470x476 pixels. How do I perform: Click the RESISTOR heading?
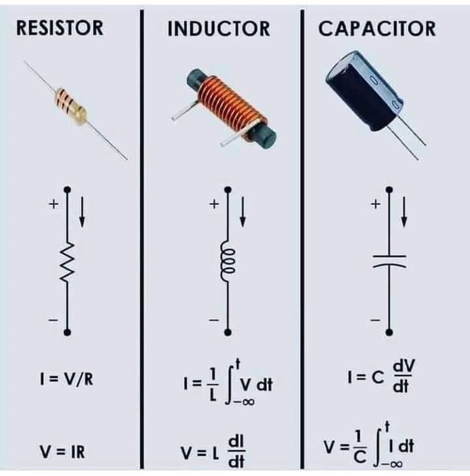[59, 28]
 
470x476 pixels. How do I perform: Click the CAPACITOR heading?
[377, 29]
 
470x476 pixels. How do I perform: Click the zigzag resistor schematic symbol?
[67, 262]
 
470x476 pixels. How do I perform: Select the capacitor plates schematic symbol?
[389, 261]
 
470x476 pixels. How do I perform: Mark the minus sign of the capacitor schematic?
[375, 320]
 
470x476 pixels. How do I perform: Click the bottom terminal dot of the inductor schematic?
[227, 332]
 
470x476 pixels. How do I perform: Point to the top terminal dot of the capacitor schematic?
[389, 190]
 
